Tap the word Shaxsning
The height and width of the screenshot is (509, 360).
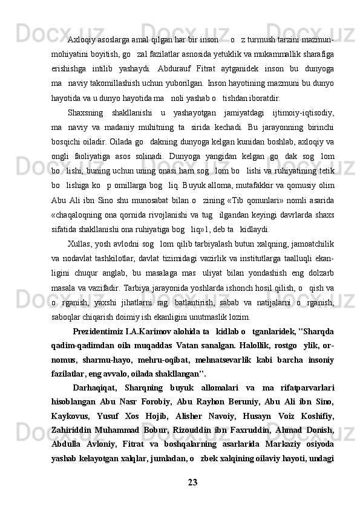[x=87, y=111]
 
